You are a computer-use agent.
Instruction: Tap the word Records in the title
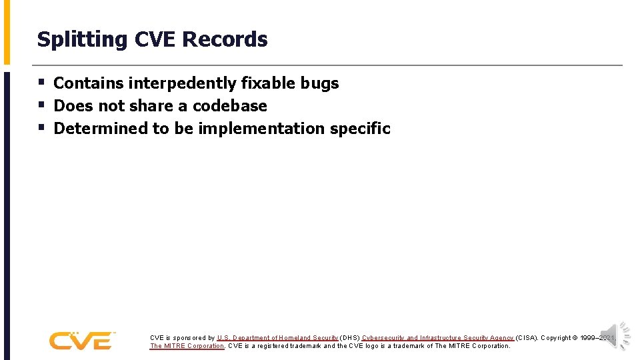coord(225,39)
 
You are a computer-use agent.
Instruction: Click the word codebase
coord(229,106)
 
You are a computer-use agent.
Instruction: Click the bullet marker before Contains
coord(41,83)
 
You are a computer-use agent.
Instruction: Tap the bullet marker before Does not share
coord(41,106)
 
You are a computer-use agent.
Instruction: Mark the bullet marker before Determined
coord(41,128)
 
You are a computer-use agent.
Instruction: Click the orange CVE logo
coord(81,341)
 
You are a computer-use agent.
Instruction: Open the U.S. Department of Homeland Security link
coord(277,338)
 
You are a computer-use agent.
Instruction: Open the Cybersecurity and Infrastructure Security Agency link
coord(438,338)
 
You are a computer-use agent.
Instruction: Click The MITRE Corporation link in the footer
coord(187,346)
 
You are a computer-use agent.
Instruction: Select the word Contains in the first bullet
coord(88,83)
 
